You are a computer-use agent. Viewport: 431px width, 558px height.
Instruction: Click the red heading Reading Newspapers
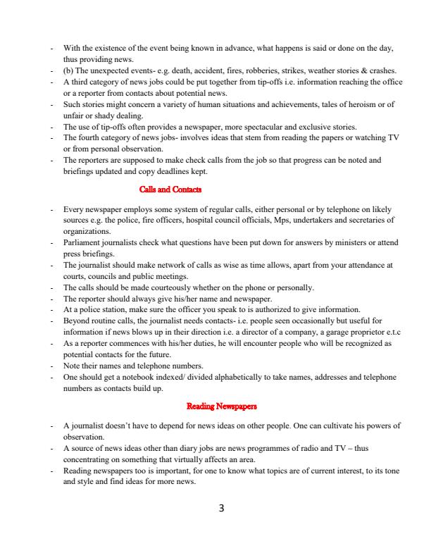[222, 407]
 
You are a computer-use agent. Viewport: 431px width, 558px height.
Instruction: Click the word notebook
[137, 378]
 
